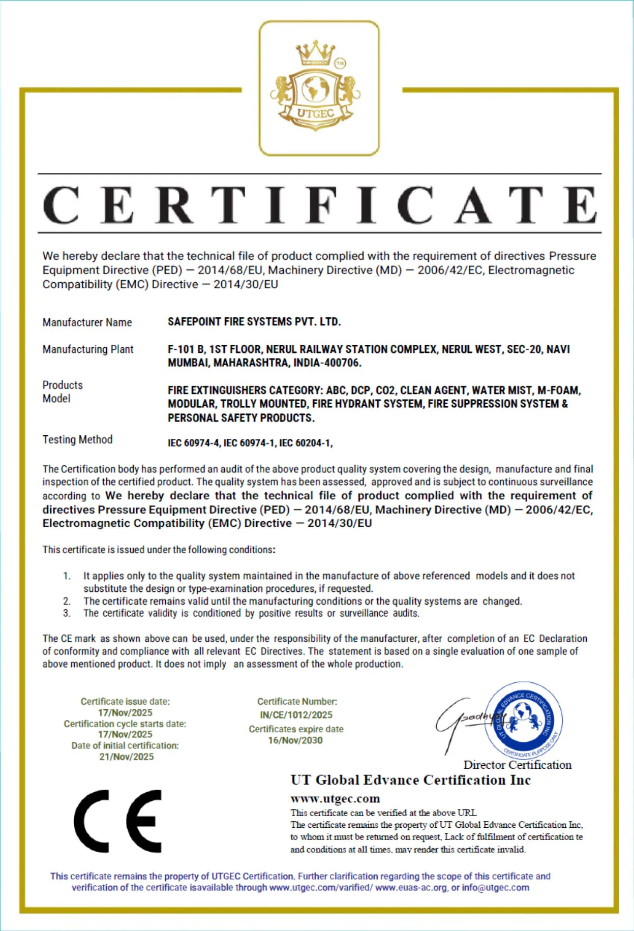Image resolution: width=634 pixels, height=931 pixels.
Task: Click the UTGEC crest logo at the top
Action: pos(318,88)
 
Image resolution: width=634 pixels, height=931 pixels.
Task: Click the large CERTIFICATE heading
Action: pos(319,204)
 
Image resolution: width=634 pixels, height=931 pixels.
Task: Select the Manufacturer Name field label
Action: pos(87,322)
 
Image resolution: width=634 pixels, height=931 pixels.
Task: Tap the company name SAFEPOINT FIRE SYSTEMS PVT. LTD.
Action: pos(254,322)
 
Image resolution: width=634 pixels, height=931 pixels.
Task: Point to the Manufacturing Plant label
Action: pos(88,349)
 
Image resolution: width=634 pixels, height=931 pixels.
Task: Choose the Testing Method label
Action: pos(77,440)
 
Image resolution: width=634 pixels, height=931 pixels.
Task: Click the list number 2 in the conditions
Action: pos(67,602)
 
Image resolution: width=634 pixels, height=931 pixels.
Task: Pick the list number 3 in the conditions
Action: pos(67,614)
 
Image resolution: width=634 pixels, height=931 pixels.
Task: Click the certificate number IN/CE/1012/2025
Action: pos(296,715)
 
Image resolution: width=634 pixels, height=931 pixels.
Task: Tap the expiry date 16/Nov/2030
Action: pos(295,740)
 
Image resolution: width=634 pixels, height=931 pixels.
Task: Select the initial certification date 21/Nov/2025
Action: pos(126,757)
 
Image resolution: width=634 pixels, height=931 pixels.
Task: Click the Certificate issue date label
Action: pos(125,702)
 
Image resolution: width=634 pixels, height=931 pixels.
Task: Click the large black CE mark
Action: pos(118,821)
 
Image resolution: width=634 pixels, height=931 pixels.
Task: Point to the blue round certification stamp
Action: pos(524,720)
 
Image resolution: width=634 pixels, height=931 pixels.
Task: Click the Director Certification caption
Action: pos(517,765)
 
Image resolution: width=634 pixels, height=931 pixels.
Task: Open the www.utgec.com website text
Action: pos(335,798)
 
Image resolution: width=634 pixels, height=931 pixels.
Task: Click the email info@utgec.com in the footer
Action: pos(495,888)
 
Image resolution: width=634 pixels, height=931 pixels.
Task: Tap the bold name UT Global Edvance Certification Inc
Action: pos(410,780)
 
